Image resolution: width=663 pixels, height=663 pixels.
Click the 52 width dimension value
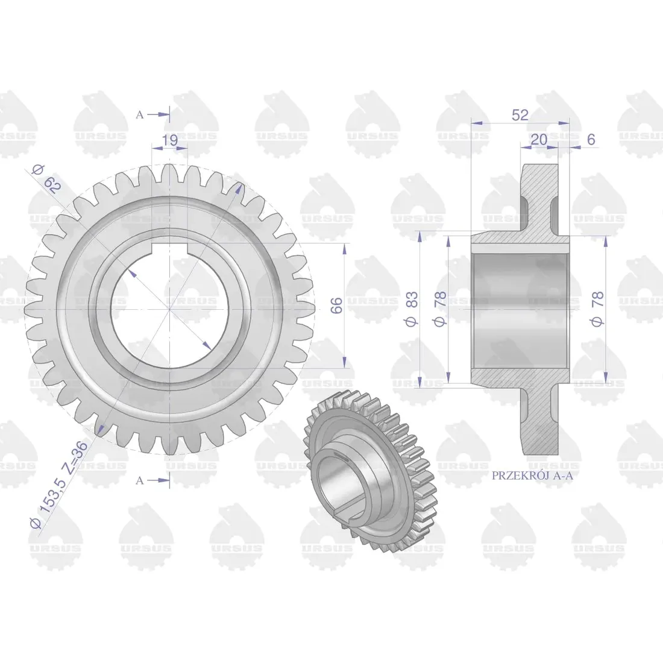point(520,115)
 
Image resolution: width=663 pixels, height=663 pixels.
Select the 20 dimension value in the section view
point(539,139)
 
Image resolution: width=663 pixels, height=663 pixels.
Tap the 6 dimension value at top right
point(591,139)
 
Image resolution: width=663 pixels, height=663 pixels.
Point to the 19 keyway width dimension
point(169,140)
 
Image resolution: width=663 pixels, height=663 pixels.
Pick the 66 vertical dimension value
point(336,306)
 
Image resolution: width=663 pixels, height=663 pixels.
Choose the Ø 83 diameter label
point(412,309)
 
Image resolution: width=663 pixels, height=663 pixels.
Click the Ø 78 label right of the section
point(598,309)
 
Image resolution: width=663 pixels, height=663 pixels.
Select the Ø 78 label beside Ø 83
point(440,309)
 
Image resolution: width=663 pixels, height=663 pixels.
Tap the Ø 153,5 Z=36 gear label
point(59,483)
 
